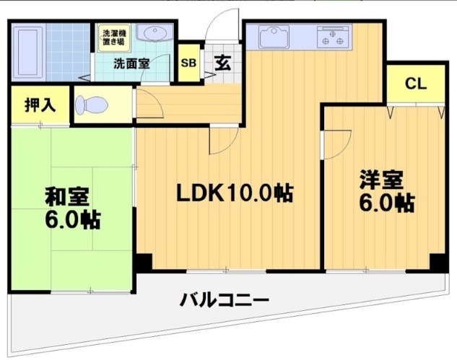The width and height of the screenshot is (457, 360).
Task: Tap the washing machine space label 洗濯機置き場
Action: click(113, 37)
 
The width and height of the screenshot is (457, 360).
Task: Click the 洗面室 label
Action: click(131, 63)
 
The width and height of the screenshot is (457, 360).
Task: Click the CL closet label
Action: click(415, 83)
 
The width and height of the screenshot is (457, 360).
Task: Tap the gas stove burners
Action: click(332, 37)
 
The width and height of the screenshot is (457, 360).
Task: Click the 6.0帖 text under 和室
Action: click(73, 218)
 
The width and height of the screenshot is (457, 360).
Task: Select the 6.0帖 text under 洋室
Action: click(387, 203)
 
